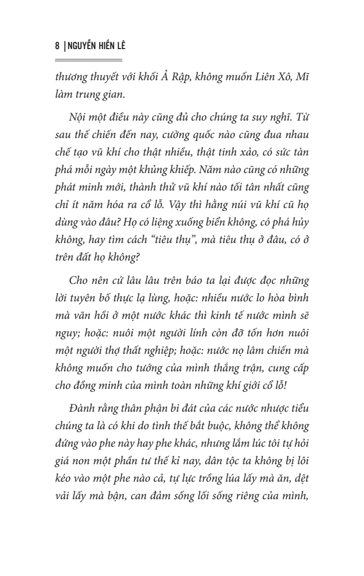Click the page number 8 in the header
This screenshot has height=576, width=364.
pyautogui.click(x=57, y=47)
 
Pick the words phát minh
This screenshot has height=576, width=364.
pyautogui.click(x=74, y=186)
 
